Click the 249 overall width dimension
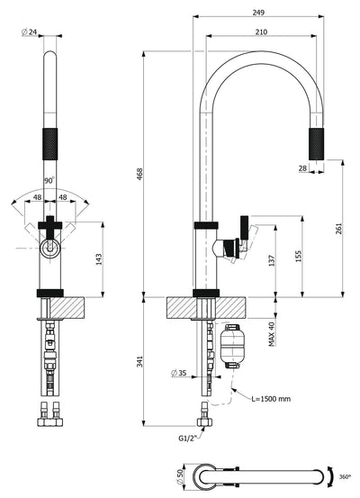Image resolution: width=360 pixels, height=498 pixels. [258, 13]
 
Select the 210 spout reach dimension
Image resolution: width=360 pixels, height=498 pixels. [261, 32]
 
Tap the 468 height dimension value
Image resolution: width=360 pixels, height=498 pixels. [140, 174]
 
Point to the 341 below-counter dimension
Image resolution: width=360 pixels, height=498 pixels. [140, 361]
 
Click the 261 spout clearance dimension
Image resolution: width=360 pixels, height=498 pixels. [338, 229]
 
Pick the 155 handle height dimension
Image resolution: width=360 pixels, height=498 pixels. [299, 257]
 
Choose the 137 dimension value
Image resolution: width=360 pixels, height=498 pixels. [272, 260]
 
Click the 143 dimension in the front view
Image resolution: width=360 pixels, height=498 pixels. [99, 259]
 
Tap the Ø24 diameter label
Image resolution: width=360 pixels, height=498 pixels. [29, 32]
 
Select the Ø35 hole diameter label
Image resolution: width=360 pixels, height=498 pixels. [179, 373]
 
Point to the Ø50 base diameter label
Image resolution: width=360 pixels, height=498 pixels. [181, 477]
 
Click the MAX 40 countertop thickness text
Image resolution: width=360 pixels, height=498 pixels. [272, 334]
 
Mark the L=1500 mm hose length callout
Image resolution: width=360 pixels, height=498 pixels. [271, 399]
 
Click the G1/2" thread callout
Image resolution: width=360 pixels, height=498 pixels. [186, 439]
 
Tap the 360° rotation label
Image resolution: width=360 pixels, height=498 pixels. [345, 476]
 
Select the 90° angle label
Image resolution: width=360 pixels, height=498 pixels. [49, 181]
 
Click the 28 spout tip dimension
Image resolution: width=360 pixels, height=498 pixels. [303, 168]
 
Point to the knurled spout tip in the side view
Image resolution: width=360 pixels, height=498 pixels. [317, 144]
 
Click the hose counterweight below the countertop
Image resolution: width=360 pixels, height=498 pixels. [231, 346]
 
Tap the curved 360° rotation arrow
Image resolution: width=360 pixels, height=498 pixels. [332, 476]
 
